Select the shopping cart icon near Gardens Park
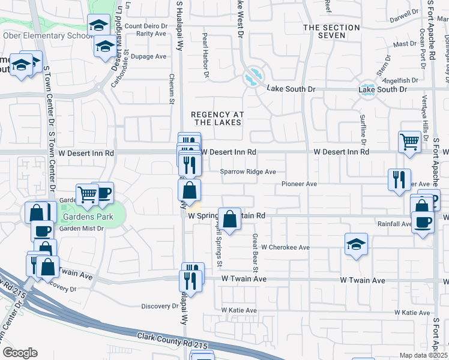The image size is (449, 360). coord(88,194)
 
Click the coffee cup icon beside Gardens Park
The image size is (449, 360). coord(103,192)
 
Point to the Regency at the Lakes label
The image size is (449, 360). coord(216,118)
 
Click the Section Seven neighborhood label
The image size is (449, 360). coord(324,31)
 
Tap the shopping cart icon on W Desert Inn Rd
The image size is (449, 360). coord(409,142)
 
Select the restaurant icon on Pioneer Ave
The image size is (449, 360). coord(399,179)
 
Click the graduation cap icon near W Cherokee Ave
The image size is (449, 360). coord(356,244)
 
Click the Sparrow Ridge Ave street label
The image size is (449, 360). coord(247,172)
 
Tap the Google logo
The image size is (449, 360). coord(20,353)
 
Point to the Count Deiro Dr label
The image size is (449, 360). coord(146,26)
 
